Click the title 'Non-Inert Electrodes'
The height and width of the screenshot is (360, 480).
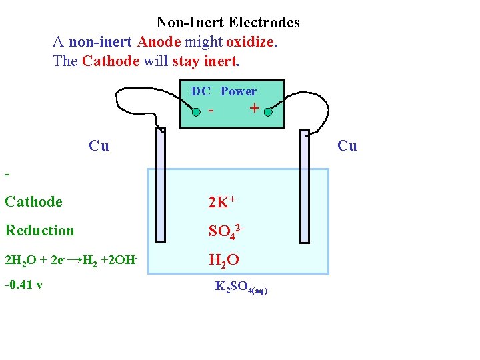tap(228, 23)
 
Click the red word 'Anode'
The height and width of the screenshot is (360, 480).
tap(159, 42)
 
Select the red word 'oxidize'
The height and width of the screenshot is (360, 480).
tap(250, 42)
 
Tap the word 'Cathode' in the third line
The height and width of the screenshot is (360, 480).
tap(111, 61)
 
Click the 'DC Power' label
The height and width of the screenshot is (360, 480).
tap(224, 91)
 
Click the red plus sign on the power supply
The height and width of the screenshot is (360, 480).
tap(254, 108)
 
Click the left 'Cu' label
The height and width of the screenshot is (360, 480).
tap(99, 145)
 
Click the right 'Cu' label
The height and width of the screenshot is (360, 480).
tap(347, 145)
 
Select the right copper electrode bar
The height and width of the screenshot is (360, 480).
tap(305, 186)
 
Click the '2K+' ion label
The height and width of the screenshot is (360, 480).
tap(222, 201)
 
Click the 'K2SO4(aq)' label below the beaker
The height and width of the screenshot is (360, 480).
tap(241, 288)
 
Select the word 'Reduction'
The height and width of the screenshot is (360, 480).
tap(39, 231)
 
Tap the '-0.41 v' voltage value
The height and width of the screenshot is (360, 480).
tap(23, 285)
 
